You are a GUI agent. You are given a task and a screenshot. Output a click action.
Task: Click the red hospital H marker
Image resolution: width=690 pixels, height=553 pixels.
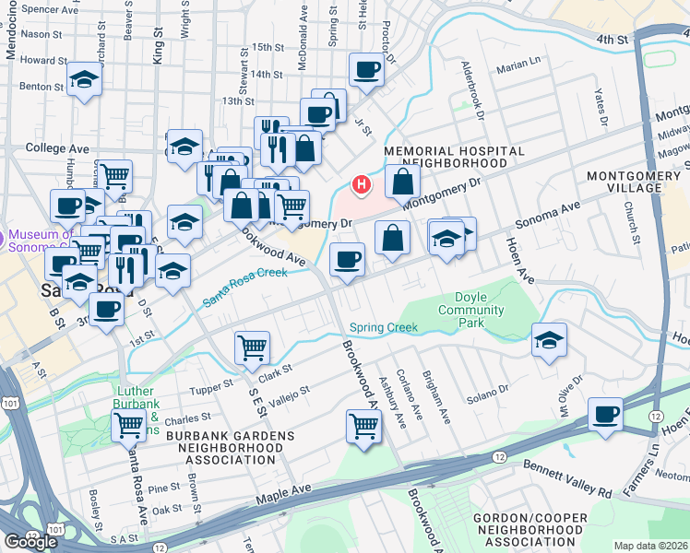click(362, 185)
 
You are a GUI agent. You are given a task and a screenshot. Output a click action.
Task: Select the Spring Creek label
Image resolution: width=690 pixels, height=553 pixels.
click(384, 327)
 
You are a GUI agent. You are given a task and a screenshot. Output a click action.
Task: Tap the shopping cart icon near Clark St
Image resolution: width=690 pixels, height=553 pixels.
click(252, 347)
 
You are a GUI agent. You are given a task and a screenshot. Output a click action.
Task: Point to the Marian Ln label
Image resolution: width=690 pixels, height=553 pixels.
click(518, 65)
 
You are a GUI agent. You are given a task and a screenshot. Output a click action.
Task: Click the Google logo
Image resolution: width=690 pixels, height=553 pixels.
click(30, 542)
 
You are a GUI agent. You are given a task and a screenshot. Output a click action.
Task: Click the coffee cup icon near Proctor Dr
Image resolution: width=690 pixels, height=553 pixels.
click(366, 69)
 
